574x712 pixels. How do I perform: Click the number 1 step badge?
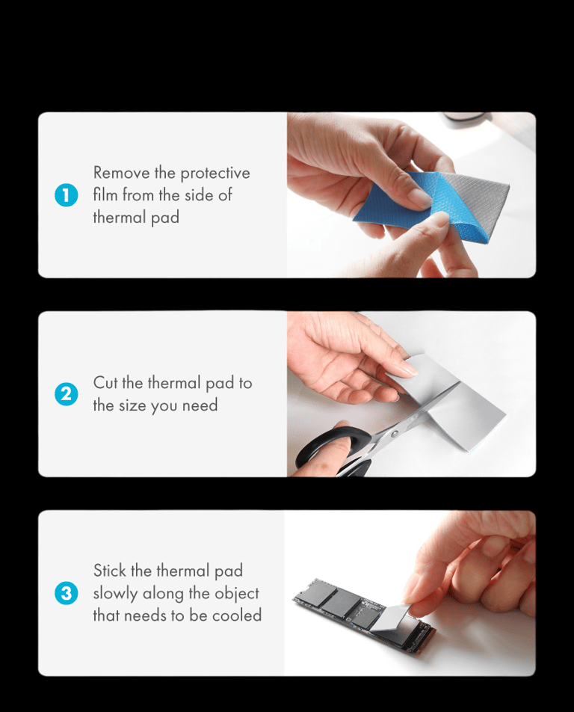(67, 194)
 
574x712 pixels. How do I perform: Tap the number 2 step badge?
(67, 393)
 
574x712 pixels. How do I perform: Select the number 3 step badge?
(67, 593)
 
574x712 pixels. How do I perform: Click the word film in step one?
(105, 194)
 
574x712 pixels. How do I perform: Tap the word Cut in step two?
(105, 382)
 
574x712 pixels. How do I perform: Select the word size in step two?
(132, 405)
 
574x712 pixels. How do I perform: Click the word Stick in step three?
(109, 571)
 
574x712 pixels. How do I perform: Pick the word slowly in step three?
(115, 594)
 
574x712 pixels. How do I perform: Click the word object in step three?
(236, 594)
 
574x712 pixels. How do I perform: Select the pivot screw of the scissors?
(395, 434)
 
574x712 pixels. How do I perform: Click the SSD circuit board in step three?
(363, 613)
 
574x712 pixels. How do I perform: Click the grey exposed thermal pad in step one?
(476, 194)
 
